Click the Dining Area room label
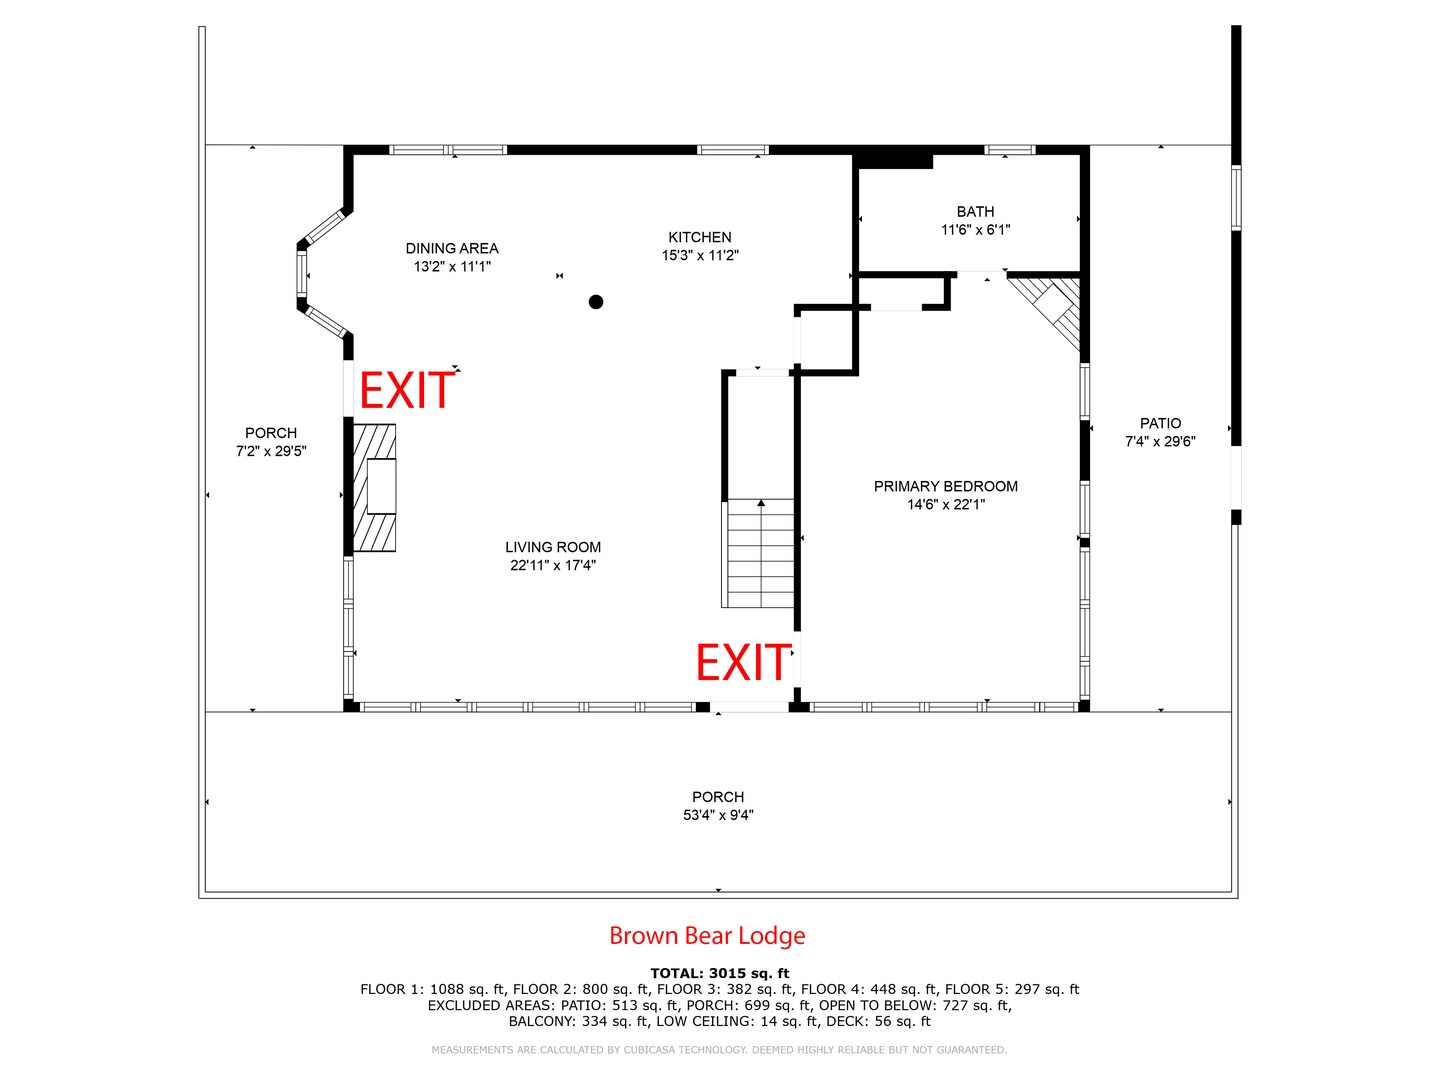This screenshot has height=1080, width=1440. [451, 249]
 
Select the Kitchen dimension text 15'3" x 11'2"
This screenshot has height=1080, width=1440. [700, 256]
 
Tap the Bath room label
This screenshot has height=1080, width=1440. [975, 212]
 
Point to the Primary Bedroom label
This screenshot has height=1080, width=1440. [945, 487]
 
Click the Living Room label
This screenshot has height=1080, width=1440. [552, 547]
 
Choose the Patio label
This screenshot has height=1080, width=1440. [1160, 424]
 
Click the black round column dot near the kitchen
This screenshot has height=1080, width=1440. [596, 302]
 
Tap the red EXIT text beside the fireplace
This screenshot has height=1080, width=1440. [407, 390]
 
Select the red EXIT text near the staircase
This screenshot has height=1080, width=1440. [743, 662]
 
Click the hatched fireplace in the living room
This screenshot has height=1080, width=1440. [375, 487]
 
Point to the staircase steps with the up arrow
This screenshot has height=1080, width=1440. [760, 553]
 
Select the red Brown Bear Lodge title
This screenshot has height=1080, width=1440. [707, 936]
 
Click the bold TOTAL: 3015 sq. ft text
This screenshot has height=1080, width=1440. [719, 973]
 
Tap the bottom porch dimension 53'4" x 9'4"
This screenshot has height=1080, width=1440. [718, 815]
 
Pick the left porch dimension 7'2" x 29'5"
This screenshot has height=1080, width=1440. [271, 451]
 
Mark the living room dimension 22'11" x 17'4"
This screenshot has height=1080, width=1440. [552, 565]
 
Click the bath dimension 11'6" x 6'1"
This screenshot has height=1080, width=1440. [975, 230]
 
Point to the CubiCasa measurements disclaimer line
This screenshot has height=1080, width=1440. [719, 1050]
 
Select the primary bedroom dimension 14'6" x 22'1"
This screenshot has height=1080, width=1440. [945, 505]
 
